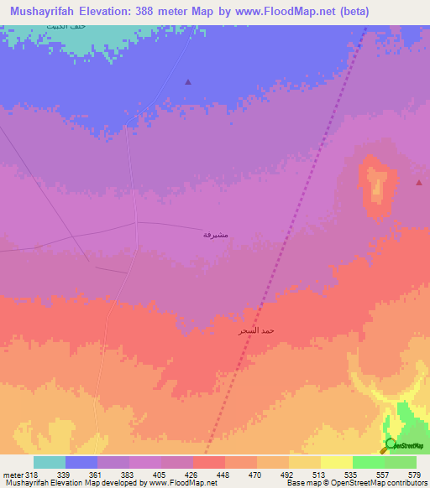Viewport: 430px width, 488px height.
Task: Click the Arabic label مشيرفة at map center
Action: click(216, 236)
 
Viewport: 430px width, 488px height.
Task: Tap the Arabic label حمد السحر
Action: click(256, 331)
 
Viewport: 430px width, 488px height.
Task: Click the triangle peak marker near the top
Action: click(188, 82)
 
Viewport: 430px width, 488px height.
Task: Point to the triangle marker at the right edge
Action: click(419, 182)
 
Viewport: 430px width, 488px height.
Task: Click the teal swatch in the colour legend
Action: click(50, 462)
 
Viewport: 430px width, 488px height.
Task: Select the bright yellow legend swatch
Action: click(336, 462)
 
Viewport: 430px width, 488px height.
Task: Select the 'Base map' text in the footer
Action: click(302, 482)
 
